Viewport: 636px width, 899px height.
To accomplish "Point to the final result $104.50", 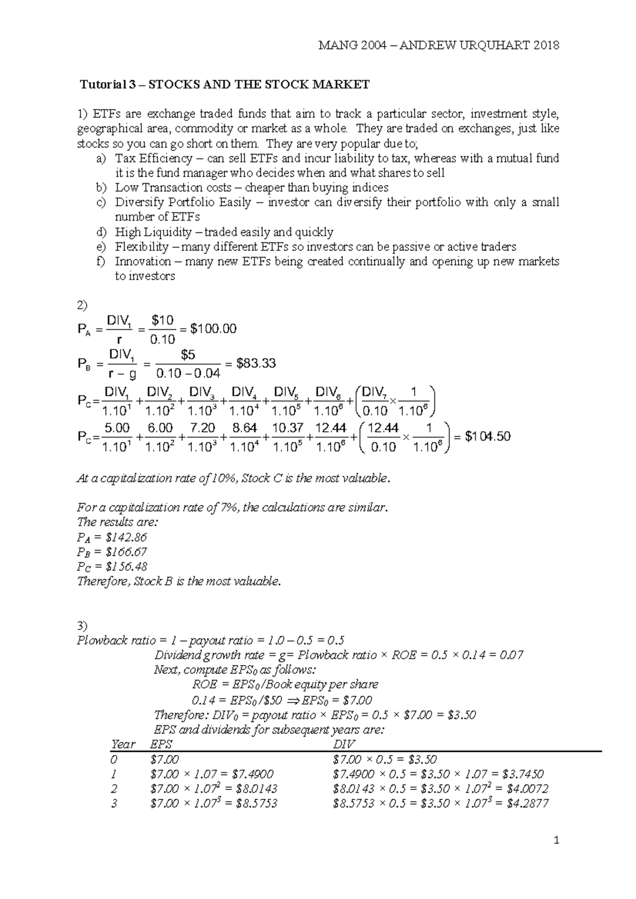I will pyautogui.click(x=488, y=436).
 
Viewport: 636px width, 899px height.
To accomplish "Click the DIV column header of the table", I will pyautogui.click(x=343, y=744).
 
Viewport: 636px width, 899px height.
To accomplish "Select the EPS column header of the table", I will pyautogui.click(x=162, y=744).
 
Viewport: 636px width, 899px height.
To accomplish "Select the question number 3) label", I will pyautogui.click(x=83, y=625).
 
